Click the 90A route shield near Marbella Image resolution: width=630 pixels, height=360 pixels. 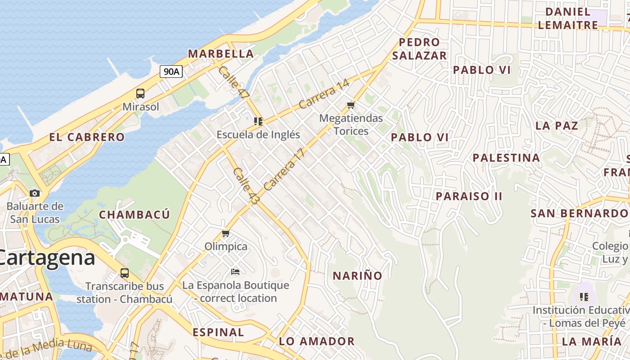[171, 71]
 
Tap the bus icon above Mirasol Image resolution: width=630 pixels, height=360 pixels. [140, 94]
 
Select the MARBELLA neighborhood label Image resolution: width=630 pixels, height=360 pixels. [220, 54]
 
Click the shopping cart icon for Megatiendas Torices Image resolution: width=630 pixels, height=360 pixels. [351, 105]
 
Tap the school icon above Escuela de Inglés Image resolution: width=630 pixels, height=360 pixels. [258, 121]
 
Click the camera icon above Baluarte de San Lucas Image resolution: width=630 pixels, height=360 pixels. [35, 193]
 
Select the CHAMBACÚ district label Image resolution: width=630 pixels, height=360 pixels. [134, 215]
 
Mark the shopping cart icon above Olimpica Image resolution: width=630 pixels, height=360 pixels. [226, 233]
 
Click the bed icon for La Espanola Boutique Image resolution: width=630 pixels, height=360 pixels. [235, 271]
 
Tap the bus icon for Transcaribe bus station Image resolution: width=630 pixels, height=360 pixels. [124, 273]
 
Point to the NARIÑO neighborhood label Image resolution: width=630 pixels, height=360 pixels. [357, 275]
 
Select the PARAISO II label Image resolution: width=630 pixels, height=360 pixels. [469, 196]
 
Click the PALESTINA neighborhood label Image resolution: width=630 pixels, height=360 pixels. [506, 158]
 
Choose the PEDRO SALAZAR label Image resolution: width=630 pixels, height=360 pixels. [419, 49]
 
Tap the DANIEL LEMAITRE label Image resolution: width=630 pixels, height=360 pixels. [568, 18]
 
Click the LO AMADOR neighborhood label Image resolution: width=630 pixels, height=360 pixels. [317, 341]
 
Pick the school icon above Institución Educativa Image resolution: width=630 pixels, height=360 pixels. [584, 297]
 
